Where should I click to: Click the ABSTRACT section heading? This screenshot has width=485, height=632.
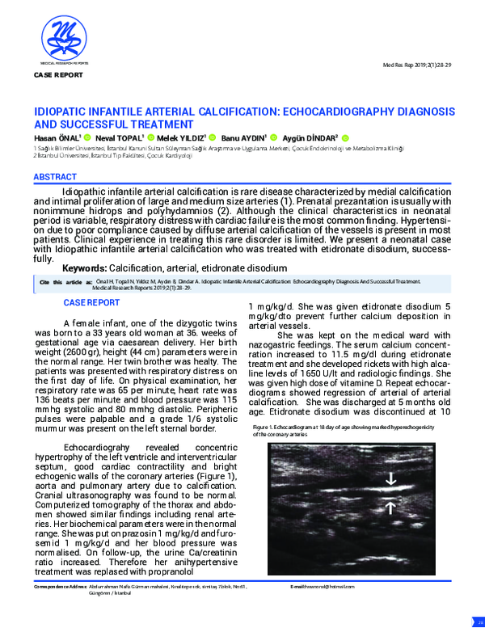[56, 176]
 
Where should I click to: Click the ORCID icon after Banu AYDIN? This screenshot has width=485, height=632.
[273, 138]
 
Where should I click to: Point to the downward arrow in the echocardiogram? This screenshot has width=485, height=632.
[391, 479]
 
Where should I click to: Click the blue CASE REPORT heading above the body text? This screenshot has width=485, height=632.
[91, 303]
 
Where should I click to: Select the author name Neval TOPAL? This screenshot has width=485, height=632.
[120, 138]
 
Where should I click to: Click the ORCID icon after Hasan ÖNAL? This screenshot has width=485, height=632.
[85, 138]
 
